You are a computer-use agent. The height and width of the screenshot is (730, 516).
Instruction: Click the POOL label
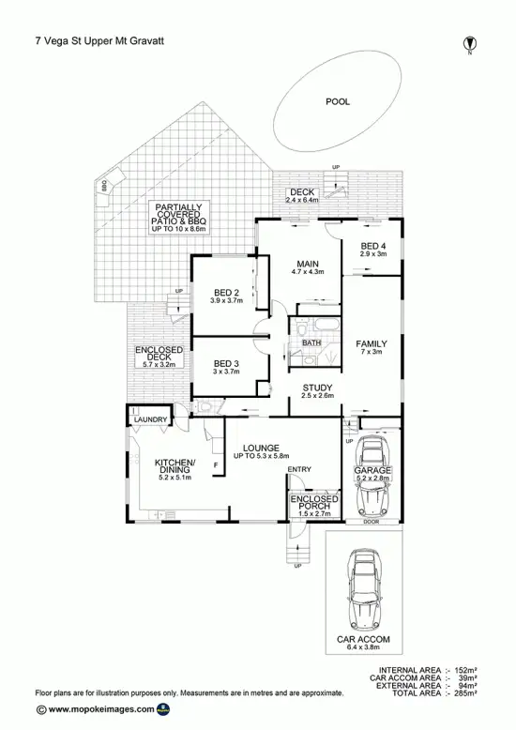click(x=336, y=101)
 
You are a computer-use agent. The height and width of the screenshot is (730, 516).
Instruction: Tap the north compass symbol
click(x=469, y=43)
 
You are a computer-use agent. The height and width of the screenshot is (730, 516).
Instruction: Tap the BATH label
click(x=312, y=343)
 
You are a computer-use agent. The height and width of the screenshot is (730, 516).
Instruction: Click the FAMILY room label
click(x=372, y=344)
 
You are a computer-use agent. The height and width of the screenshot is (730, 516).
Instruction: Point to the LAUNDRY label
click(x=150, y=419)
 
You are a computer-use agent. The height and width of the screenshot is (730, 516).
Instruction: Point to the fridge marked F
click(x=217, y=465)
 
